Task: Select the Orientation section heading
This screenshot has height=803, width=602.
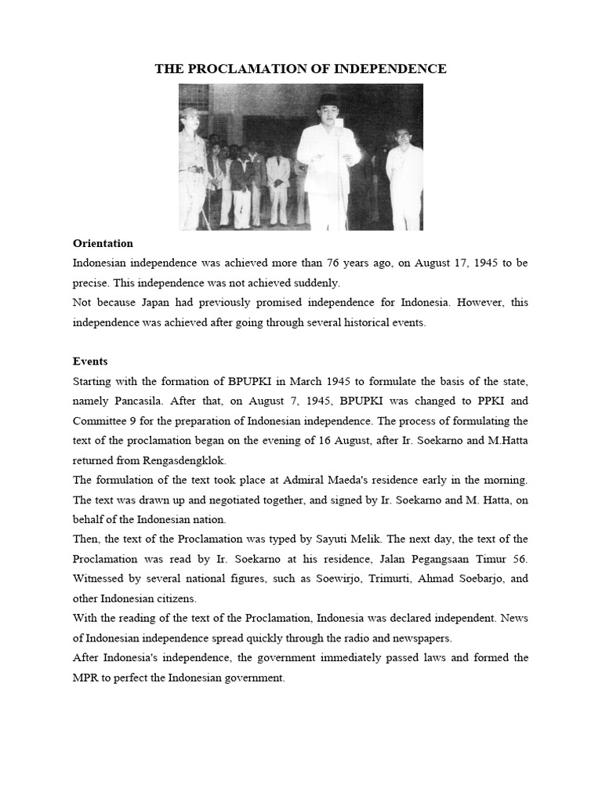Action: point(103,243)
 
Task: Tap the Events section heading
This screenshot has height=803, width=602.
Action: point(90,362)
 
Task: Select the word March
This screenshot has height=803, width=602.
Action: point(308,382)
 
